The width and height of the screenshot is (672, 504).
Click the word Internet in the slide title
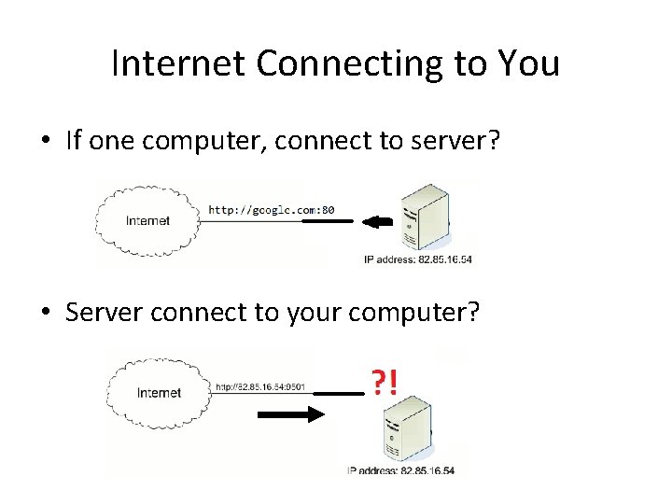[x=178, y=63]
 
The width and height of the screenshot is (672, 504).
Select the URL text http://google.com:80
[x=271, y=210]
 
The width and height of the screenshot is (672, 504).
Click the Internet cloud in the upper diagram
[x=148, y=220]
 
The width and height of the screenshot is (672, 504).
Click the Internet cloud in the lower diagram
[x=158, y=392]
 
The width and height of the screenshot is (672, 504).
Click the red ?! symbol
[x=384, y=382]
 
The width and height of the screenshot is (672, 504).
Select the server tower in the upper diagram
[x=423, y=217]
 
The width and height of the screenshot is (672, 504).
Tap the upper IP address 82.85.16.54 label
[x=418, y=259]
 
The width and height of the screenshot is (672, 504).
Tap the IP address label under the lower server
[x=401, y=471]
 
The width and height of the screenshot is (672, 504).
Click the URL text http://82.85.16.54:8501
[x=260, y=385]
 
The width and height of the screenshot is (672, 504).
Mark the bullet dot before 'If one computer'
[x=44, y=142]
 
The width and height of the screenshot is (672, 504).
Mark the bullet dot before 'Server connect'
[x=44, y=313]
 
